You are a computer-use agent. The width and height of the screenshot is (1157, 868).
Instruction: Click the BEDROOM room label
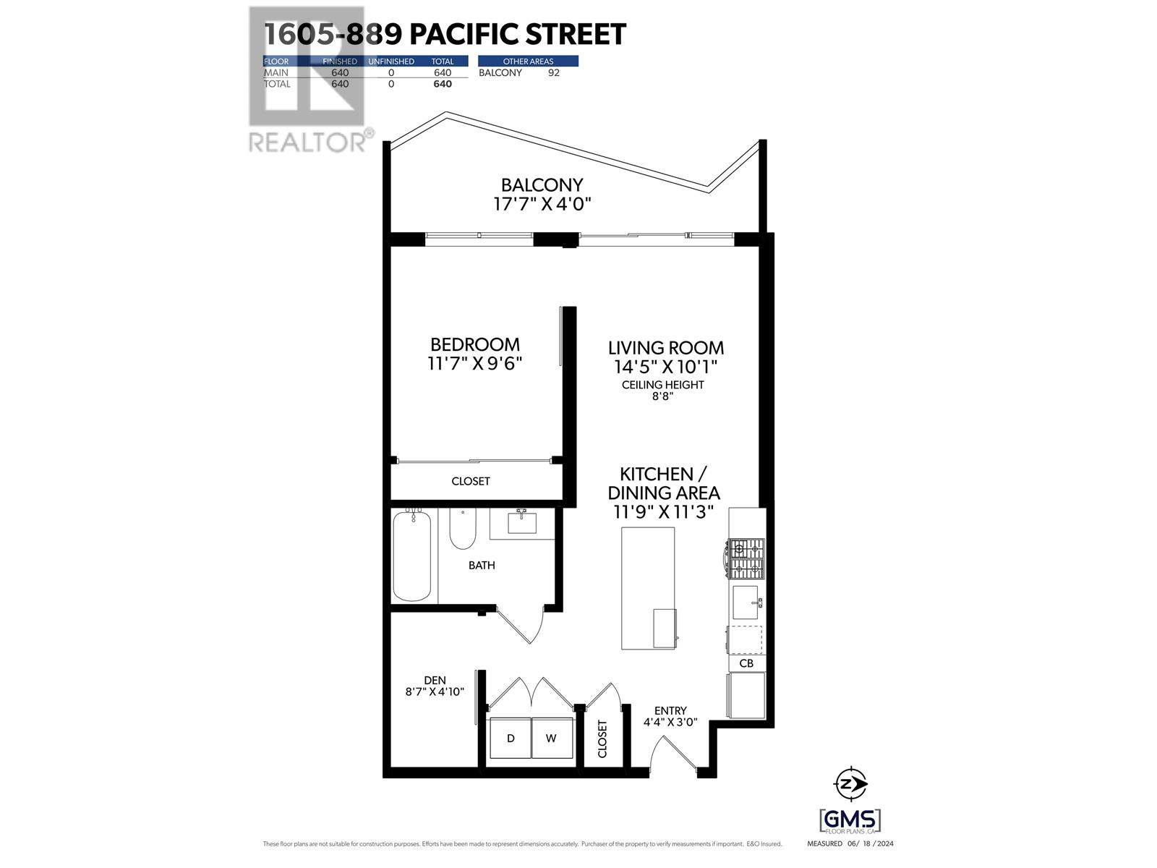(x=474, y=344)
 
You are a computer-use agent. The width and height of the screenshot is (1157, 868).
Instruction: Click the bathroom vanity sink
(x=521, y=521)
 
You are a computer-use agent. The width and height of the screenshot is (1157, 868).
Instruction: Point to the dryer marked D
(x=511, y=738)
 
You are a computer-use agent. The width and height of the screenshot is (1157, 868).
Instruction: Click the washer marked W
(x=551, y=738)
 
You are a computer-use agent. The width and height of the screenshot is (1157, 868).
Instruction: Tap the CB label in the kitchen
(x=746, y=663)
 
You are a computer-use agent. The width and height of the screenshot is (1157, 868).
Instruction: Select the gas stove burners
(x=746, y=559)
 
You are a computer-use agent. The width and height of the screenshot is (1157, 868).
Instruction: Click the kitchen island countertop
(x=647, y=579)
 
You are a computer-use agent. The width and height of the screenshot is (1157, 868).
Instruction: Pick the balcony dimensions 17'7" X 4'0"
(x=542, y=205)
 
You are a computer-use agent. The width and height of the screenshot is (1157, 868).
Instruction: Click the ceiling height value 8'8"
(x=662, y=396)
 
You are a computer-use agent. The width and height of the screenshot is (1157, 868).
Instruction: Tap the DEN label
(x=435, y=680)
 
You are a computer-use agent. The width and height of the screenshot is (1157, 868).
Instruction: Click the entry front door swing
(x=669, y=756)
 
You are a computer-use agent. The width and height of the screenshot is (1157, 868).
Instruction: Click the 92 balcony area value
(x=553, y=72)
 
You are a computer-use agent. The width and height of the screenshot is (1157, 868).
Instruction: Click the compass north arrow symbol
(x=851, y=783)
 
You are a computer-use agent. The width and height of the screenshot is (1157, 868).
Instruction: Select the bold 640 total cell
(x=443, y=84)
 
